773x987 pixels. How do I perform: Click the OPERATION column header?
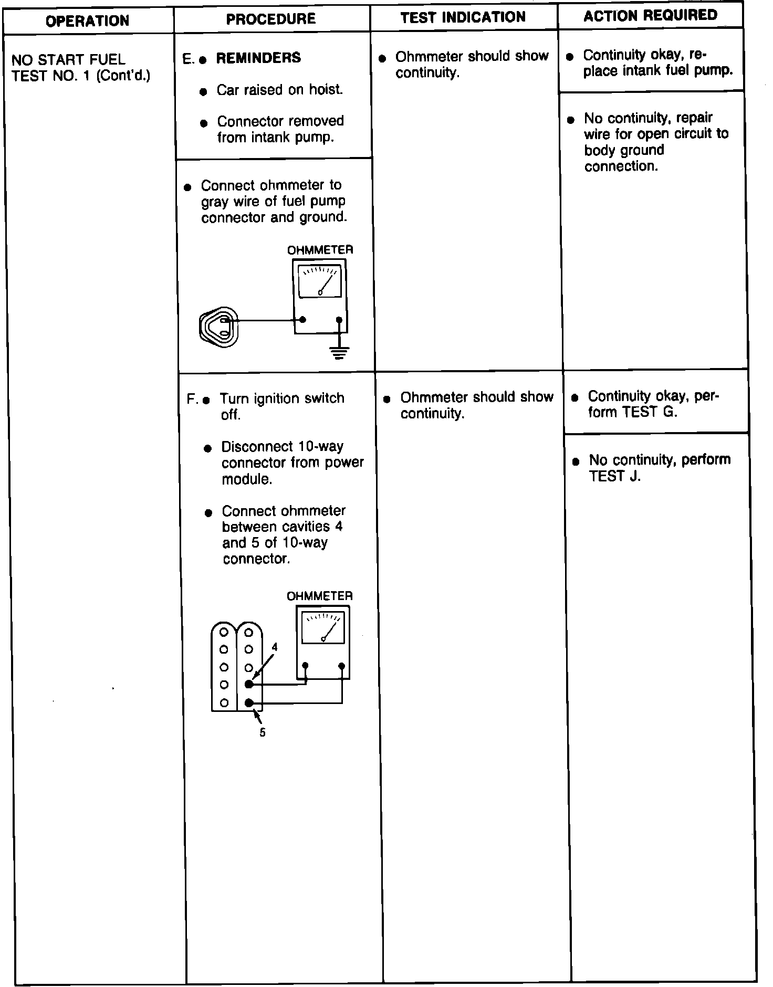(87, 21)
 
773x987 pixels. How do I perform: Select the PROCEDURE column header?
(270, 19)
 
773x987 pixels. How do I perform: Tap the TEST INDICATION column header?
(463, 17)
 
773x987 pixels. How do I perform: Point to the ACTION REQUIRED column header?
(650, 15)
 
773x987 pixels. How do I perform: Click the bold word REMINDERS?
(258, 58)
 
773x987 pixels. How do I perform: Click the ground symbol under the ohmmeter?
(339, 352)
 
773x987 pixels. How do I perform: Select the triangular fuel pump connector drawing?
(219, 327)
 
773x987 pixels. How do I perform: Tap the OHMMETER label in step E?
(320, 250)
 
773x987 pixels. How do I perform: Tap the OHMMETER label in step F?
(319, 596)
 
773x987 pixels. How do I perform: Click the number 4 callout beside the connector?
(274, 647)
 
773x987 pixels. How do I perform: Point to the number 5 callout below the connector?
(263, 732)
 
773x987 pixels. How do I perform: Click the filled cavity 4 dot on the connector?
(249, 684)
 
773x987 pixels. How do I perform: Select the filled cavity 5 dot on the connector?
(249, 702)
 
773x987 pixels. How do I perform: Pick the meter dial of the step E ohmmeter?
(319, 281)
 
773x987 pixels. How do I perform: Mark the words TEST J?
(614, 477)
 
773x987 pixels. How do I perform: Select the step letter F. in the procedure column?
(192, 400)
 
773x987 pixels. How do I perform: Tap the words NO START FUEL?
(68, 60)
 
